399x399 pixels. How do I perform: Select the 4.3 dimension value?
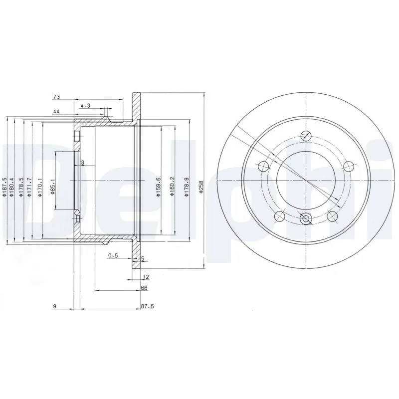[x=85, y=105]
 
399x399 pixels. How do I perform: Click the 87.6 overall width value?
[x=148, y=306]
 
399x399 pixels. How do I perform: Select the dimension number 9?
[x=54, y=306]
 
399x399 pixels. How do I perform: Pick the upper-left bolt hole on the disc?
[x=264, y=166]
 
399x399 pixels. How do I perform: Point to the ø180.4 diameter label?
[x=13, y=188]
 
